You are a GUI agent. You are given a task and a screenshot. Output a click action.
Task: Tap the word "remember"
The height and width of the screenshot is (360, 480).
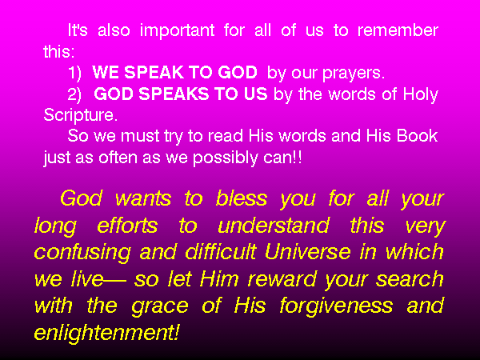point(398,30)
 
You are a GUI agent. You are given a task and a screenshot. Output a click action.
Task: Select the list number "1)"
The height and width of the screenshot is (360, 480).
point(74,73)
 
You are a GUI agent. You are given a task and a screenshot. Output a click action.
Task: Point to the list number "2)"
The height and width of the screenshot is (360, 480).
point(74,94)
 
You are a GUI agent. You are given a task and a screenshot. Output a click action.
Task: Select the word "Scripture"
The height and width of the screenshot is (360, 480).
point(78,116)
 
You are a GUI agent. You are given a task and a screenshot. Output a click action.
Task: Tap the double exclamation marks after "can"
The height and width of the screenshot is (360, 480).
point(298,157)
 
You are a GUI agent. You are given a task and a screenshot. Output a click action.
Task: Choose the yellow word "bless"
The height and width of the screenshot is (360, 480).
point(242,198)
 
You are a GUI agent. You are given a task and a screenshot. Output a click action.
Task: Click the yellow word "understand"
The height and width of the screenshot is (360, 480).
point(274,225)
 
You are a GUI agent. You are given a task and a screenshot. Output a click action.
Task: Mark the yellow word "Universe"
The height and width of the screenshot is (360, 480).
point(308,252)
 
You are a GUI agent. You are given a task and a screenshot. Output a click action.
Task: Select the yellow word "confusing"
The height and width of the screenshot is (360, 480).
point(82,254)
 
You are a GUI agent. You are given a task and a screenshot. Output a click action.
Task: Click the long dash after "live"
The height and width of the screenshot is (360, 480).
point(114,280)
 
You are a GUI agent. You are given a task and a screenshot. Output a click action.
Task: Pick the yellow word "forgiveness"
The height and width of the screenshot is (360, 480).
point(336,307)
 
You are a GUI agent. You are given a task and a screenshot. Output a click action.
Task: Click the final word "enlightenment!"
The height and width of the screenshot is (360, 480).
point(106,334)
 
